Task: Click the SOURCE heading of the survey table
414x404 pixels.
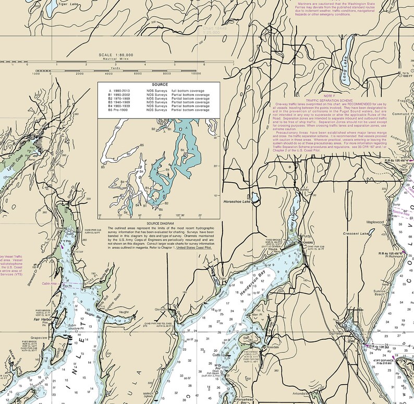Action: pyautogui.click(x=160, y=84)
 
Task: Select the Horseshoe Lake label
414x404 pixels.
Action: pyautogui.click(x=237, y=201)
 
